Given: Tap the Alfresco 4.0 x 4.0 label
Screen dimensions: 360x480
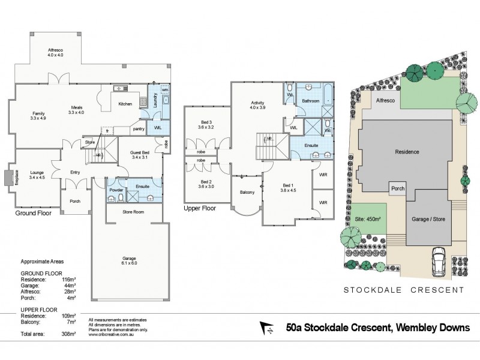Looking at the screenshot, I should coord(59,53).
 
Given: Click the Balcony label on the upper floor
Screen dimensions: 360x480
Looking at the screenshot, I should coord(247,192).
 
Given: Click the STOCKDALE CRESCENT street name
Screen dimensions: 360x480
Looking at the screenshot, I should coord(403,290).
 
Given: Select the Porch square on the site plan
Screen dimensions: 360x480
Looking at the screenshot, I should coord(397,188).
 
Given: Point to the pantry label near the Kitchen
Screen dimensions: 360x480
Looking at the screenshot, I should coord(139,128).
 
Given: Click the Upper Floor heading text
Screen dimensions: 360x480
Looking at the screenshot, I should coord(200,208).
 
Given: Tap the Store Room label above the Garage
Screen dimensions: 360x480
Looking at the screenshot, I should coord(127,211).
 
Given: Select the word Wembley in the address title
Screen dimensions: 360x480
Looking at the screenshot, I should coord(416,328).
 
